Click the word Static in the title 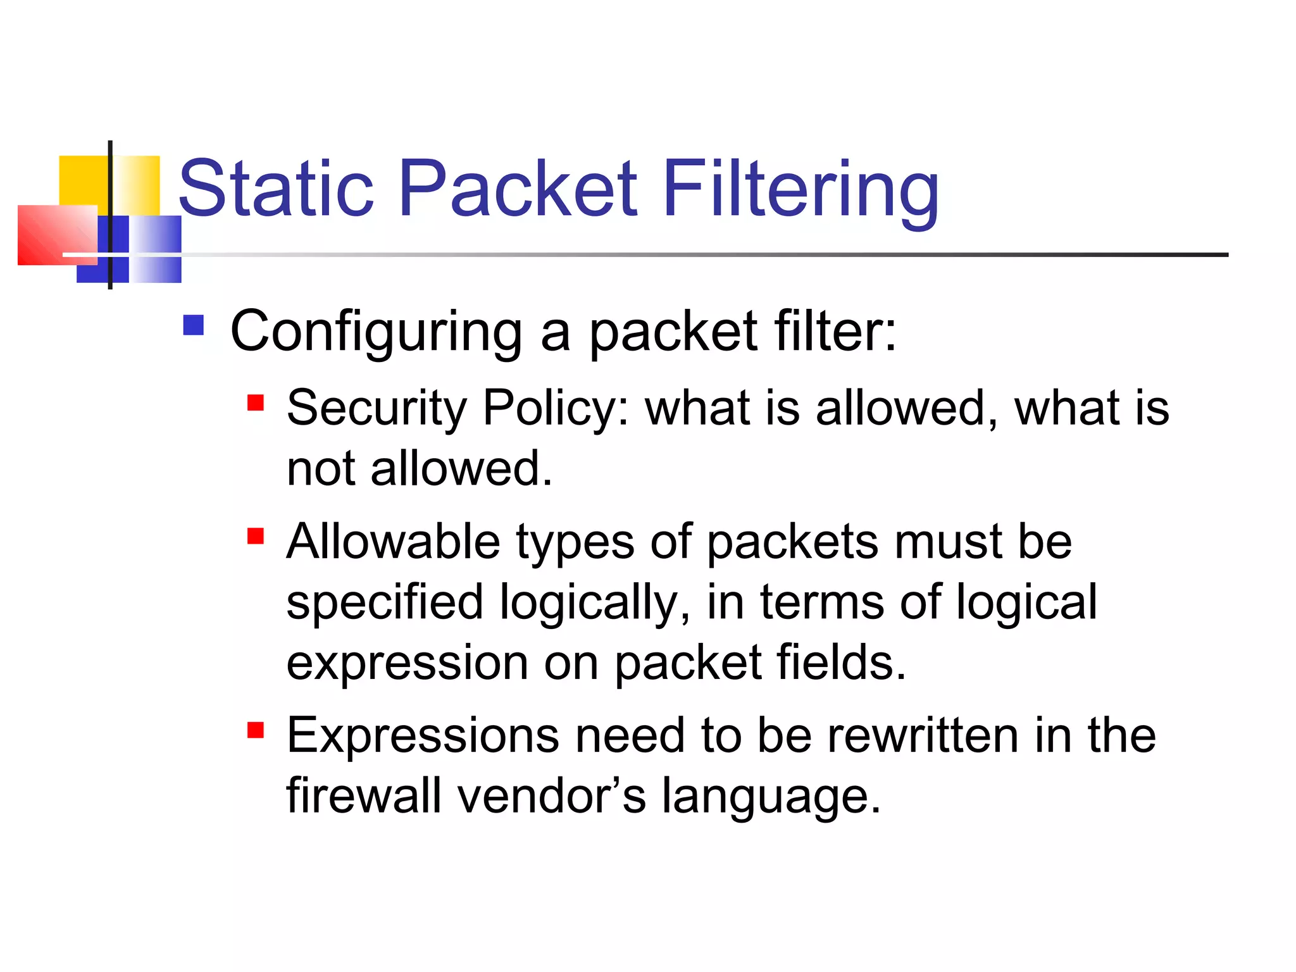click(x=276, y=188)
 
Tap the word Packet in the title click(x=518, y=188)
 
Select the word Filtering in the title click(x=801, y=188)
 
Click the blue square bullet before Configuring click(x=194, y=325)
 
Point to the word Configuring click(x=376, y=332)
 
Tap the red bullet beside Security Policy click(x=256, y=402)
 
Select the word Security click(x=377, y=408)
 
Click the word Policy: click(x=556, y=408)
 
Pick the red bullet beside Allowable click(x=256, y=536)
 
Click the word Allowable click(x=393, y=542)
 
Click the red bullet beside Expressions click(x=256, y=730)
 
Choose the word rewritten click(x=923, y=736)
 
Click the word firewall click(x=363, y=796)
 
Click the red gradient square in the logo click(x=57, y=235)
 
